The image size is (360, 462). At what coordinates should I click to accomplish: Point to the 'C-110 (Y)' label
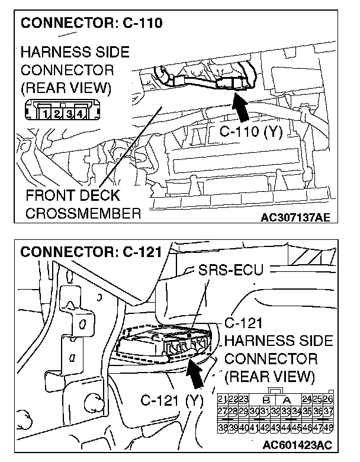point(250,132)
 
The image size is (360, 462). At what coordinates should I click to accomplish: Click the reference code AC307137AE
point(295,217)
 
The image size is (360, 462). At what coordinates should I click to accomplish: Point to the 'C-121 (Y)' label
point(172,400)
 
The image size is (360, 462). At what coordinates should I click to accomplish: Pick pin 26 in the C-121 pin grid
point(327,400)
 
